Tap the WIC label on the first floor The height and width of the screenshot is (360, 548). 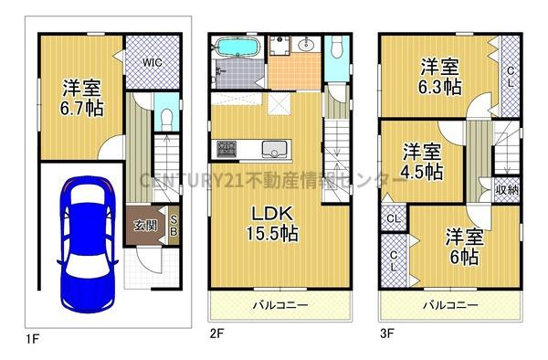click(152, 62)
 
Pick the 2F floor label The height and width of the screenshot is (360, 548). click(216, 334)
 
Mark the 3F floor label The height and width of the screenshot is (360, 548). click(387, 334)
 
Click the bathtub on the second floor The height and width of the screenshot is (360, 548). click(238, 48)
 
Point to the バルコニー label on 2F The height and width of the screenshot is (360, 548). click(279, 305)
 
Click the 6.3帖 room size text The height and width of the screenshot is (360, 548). click(441, 89)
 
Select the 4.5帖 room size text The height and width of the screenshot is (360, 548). click(423, 171)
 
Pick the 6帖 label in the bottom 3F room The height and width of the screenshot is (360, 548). click(463, 257)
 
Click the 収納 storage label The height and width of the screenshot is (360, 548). click(507, 190)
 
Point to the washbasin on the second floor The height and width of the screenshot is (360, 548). click(306, 45)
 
